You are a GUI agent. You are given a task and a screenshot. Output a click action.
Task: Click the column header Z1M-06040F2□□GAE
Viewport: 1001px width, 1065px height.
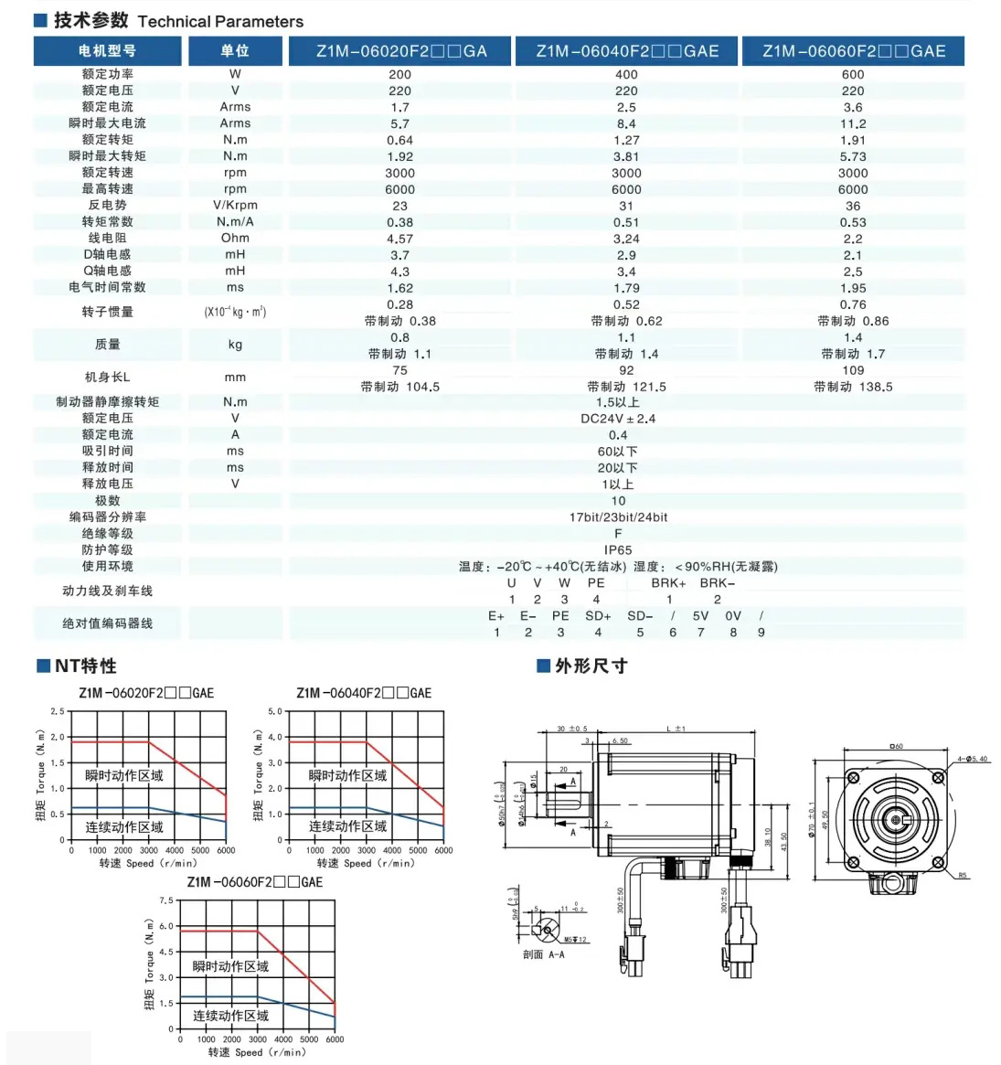coord(627,51)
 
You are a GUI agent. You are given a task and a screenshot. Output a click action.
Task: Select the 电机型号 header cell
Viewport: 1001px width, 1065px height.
coord(107,51)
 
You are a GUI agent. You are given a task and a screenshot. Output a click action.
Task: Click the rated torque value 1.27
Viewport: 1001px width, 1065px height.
coord(626,140)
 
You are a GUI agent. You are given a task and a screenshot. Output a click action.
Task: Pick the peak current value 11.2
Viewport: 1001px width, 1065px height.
coord(852,123)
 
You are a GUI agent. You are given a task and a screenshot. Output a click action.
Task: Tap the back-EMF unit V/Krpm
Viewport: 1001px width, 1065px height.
coord(235,205)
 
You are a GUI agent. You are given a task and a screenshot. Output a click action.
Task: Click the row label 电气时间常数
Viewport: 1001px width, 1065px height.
coord(107,287)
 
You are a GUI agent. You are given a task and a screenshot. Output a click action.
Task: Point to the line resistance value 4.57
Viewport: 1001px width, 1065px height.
coord(399,239)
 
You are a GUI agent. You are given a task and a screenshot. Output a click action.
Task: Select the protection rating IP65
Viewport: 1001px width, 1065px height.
coord(618,550)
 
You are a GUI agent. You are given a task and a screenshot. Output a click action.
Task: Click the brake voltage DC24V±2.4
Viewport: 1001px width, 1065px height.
coord(618,419)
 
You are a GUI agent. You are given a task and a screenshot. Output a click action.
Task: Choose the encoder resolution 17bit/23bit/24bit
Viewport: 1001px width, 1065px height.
coord(618,517)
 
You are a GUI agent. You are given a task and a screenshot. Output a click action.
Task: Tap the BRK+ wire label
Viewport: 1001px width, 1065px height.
coord(668,583)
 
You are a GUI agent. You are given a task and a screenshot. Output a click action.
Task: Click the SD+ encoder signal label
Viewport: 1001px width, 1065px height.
coord(598,616)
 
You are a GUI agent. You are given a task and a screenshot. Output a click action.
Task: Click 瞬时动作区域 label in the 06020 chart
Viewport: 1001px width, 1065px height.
coord(123,776)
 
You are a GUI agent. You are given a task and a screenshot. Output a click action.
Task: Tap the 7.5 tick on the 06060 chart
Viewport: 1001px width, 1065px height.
coord(166,901)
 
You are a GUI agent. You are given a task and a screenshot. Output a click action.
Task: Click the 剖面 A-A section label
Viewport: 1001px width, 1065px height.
coord(543,955)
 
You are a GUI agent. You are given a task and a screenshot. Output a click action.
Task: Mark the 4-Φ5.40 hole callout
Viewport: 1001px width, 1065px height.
coord(973,760)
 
